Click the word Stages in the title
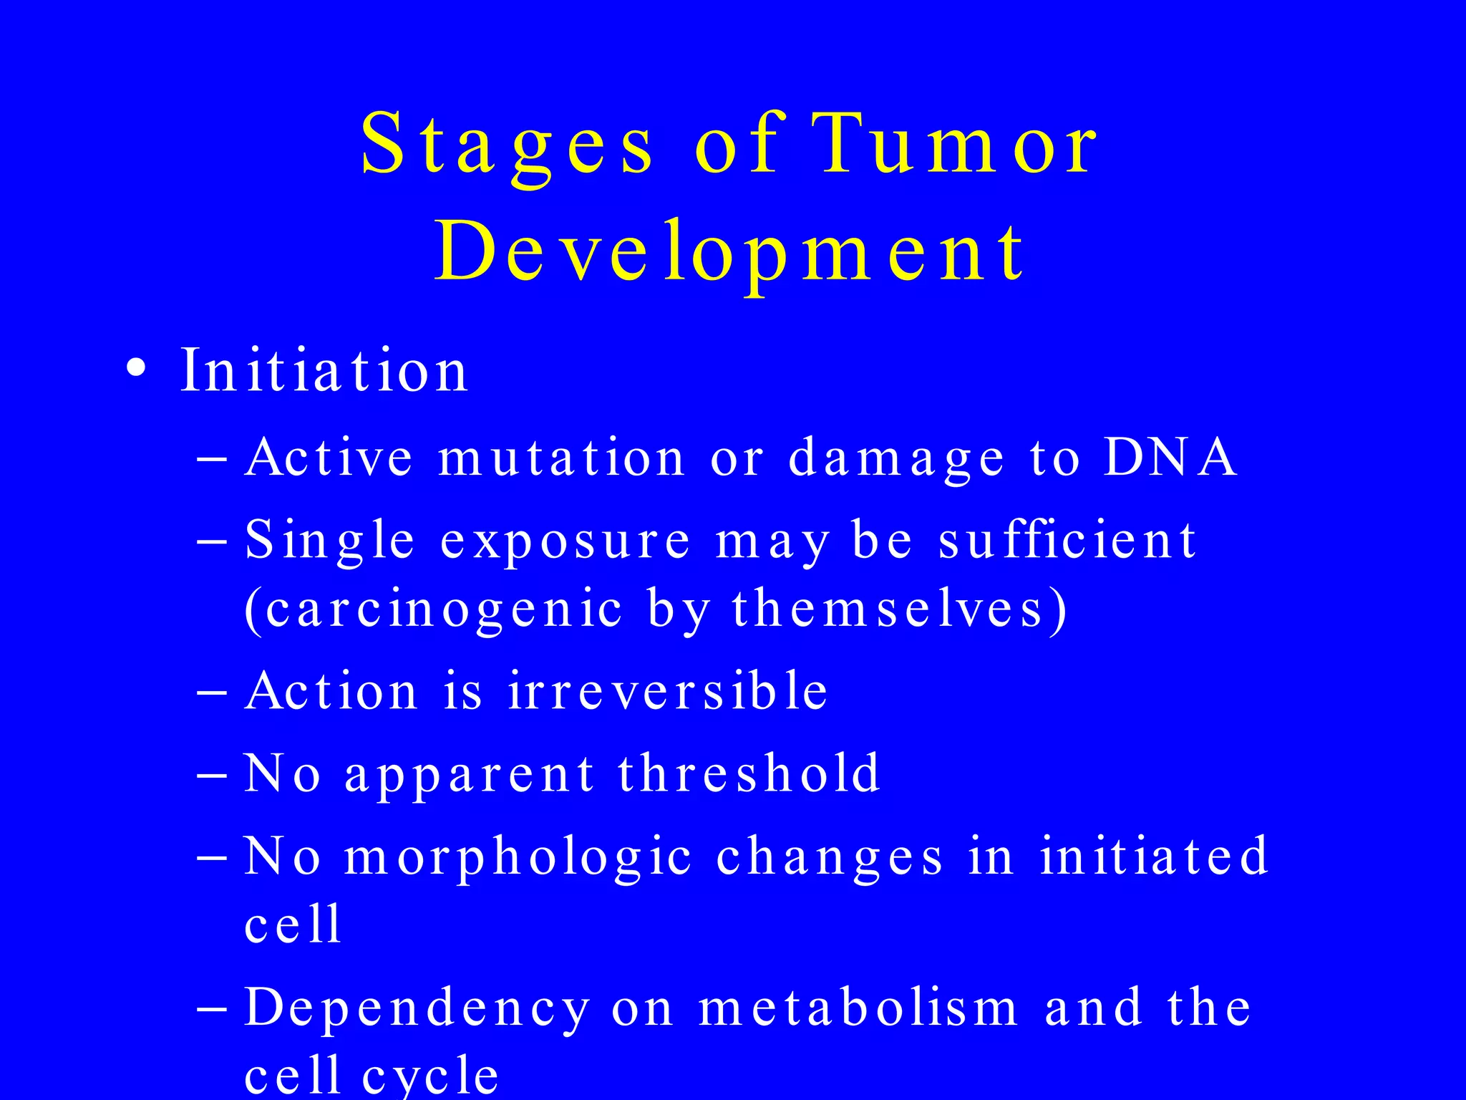click(x=507, y=145)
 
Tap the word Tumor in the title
click(x=956, y=145)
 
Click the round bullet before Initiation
click(x=135, y=370)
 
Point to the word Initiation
click(x=324, y=370)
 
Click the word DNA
click(x=1170, y=457)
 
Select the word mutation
click(x=562, y=458)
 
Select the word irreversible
click(x=668, y=691)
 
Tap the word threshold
click(x=749, y=773)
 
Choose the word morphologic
click(x=518, y=858)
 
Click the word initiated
click(x=1154, y=856)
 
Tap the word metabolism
click(x=858, y=1008)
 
